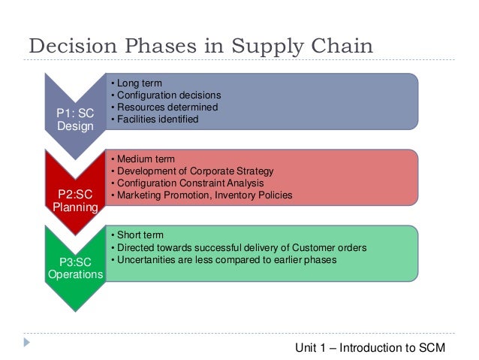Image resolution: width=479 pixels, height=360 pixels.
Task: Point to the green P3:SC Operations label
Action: [x=75, y=268]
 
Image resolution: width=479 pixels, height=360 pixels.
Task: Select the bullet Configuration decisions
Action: [x=168, y=95]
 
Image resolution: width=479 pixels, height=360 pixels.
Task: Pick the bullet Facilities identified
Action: [x=157, y=119]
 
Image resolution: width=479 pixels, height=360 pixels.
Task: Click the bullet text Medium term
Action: [x=144, y=159]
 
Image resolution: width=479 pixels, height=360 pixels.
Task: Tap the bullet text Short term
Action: [x=139, y=235]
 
